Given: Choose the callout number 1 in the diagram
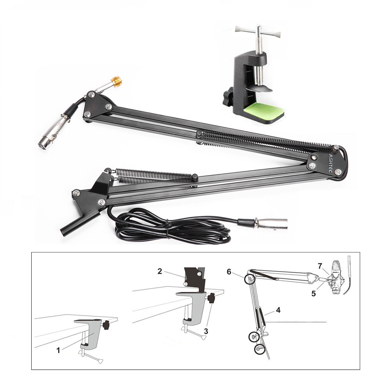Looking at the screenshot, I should click(58, 350).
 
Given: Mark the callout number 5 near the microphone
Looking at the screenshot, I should click(313, 294).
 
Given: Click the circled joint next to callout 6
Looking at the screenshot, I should click(249, 279).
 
